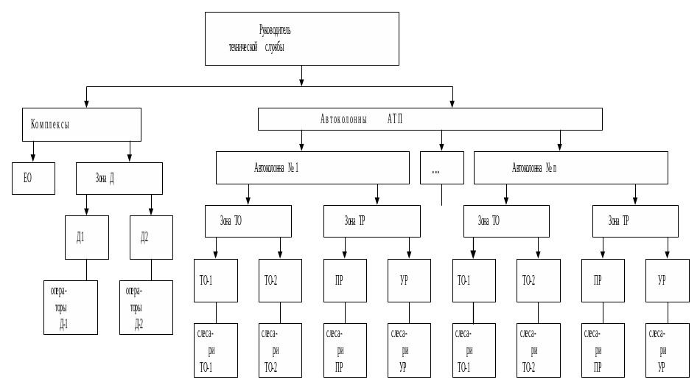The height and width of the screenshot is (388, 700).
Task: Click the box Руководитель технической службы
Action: click(301, 38)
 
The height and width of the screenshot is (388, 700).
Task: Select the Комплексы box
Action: click(81, 124)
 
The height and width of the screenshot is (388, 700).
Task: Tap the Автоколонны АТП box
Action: click(430, 119)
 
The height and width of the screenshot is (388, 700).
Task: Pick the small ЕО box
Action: click(33, 178)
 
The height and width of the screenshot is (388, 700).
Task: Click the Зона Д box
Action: click(119, 178)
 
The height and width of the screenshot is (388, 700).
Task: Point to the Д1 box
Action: click(86, 237)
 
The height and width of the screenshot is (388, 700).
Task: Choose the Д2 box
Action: click(151, 237)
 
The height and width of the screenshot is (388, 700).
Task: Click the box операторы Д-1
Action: click(70, 307)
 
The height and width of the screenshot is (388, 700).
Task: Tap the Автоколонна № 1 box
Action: click(312, 167)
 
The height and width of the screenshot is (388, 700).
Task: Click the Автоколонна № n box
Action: click(570, 167)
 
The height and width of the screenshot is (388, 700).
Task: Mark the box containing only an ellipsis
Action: click(441, 167)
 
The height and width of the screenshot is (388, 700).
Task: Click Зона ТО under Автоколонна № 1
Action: click(248, 221)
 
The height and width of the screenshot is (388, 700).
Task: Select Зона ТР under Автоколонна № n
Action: click(634, 221)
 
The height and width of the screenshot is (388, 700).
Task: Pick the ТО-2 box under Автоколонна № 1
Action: click(279, 280)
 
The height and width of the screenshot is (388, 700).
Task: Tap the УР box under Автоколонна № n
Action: click(667, 280)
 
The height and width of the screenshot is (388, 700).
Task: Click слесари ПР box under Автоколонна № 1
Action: click(344, 350)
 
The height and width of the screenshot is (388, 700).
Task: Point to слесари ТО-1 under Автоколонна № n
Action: click(474, 350)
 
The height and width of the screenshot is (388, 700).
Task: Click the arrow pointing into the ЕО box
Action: click(33, 157)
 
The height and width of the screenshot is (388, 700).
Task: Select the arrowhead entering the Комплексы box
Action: click(87, 104)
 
